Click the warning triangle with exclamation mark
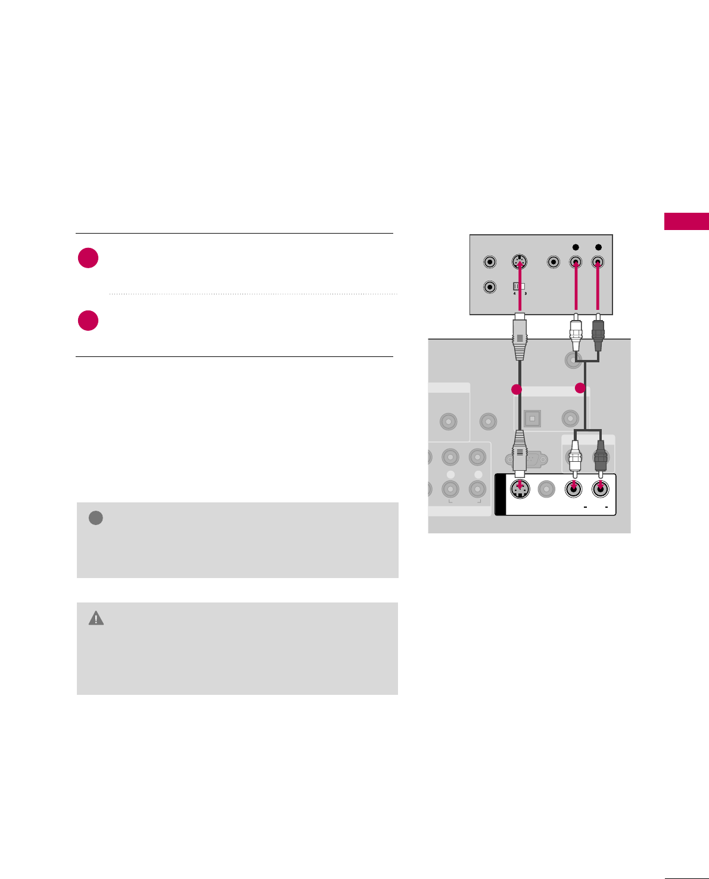[96, 619]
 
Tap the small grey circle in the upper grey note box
[95, 518]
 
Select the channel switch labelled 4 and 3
[519, 286]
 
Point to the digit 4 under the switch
[514, 293]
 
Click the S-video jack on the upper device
[520, 262]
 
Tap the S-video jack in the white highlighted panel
[521, 489]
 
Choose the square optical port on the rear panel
[532, 418]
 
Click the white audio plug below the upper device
[576, 335]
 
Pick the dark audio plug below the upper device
[598, 335]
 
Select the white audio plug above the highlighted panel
[575, 456]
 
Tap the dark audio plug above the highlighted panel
[601, 456]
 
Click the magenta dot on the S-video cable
[517, 389]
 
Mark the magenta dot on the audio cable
[580, 388]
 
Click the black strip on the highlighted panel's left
[500, 494]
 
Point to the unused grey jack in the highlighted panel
[546, 489]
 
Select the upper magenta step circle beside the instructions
[88, 258]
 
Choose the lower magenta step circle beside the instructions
[88, 320]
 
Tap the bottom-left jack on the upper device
[490, 287]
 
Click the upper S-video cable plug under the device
[520, 338]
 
